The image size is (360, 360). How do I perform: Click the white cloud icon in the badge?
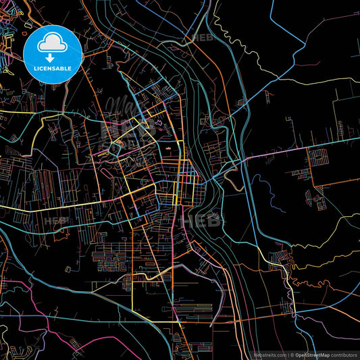52,45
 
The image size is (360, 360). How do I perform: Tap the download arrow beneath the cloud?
52,57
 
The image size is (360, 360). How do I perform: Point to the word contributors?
343,354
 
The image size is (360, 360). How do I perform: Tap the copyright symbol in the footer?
291,354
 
